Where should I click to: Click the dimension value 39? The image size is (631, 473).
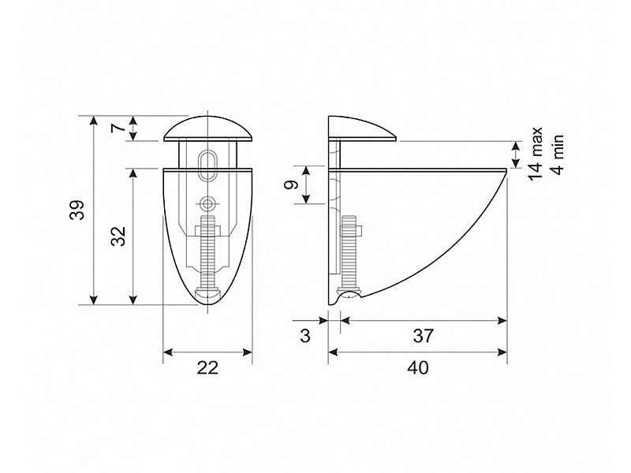pos(77,210)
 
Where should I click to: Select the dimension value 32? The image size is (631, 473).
pos(119,236)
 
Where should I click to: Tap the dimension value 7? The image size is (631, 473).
pos(118,128)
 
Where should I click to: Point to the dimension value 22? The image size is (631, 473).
pos(207,367)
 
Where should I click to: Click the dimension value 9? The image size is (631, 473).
pos(291,184)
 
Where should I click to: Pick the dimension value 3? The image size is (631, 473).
pos(305,336)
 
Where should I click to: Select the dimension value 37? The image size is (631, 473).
pos(424,336)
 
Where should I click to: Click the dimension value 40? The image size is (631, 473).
pos(418,367)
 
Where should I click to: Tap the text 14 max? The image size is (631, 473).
pos(536,154)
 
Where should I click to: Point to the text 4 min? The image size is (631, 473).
pos(558,155)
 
